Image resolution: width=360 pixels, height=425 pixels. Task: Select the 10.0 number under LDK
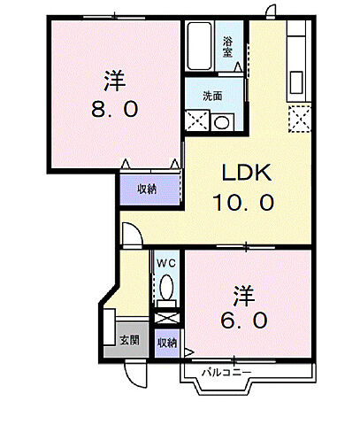pyautogui.click(x=241, y=203)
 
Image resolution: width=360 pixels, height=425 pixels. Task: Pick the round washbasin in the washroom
pyautogui.click(x=221, y=122)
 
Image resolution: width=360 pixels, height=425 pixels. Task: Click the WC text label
pyautogui.click(x=165, y=263)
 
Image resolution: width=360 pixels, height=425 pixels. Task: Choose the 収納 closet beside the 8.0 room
pyautogui.click(x=146, y=189)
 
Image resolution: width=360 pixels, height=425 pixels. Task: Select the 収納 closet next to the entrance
pyautogui.click(x=166, y=342)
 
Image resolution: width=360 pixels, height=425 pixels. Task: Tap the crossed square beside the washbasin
pyautogui.click(x=195, y=122)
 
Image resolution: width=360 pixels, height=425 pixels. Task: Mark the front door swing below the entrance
pyautogui.click(x=134, y=374)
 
